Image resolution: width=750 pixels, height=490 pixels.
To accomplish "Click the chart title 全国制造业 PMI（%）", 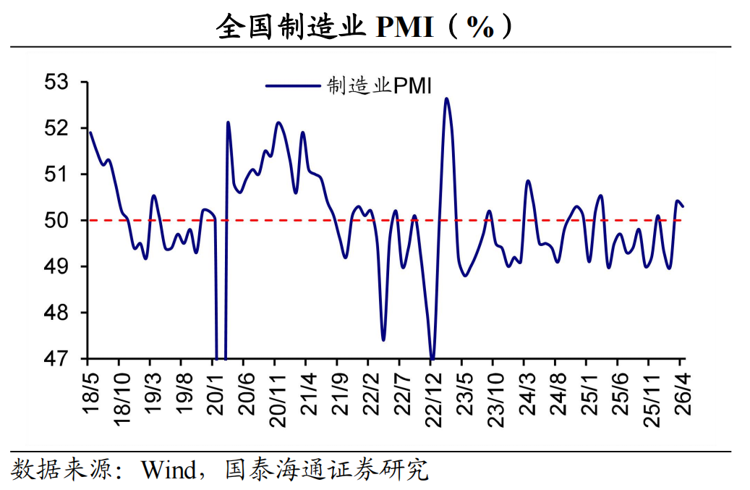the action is click(364, 26).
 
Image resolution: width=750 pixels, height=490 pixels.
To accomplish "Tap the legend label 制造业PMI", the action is click(379, 86).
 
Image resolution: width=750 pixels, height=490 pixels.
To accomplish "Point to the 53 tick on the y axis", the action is click(56, 83).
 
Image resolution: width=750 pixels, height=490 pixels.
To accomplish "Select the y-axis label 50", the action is click(56, 221).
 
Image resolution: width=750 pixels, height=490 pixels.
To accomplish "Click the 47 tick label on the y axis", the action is click(56, 358).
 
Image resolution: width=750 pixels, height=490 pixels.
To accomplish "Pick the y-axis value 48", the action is click(56, 313).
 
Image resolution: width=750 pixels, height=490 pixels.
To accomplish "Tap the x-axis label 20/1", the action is click(216, 393).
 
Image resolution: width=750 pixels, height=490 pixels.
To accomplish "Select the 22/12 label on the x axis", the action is click(433, 399).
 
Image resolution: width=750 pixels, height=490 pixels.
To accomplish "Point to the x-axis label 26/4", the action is click(683, 393).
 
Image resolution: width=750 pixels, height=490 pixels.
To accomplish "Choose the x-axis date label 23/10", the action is click(495, 399).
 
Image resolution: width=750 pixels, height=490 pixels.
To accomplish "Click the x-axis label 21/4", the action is click(309, 393).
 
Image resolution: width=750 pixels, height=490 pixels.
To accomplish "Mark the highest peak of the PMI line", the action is click(446, 98).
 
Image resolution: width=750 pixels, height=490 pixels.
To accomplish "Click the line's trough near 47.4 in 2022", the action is click(383, 339).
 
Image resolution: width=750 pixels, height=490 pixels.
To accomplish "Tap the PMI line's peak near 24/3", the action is click(528, 181).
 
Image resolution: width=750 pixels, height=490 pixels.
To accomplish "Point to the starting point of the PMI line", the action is click(90, 132).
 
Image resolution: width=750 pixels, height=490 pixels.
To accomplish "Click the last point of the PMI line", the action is click(683, 206).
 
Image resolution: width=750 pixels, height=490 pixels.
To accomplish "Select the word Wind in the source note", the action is click(169, 470).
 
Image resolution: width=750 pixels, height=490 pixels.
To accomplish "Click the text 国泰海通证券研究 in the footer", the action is click(327, 470).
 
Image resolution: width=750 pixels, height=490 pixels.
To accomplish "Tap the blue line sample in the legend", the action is click(293, 86).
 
